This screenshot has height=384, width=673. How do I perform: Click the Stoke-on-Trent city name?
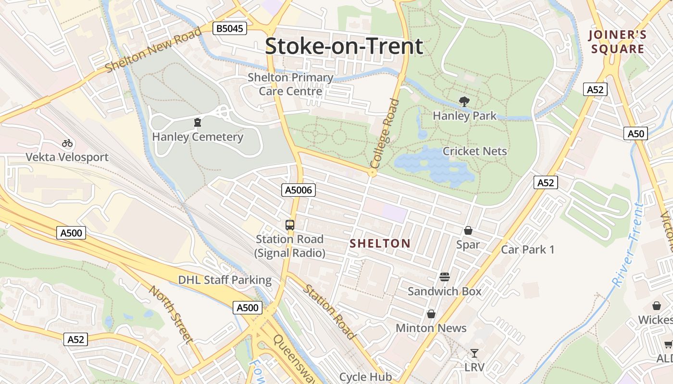344,46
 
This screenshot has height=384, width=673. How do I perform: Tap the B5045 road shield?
230,29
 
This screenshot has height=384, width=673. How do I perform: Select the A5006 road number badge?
299,191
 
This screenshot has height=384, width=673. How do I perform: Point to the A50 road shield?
636,133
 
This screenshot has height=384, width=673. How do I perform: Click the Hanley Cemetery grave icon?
198,123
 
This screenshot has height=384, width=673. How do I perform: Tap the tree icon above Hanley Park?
464,102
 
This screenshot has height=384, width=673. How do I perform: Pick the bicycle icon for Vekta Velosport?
67,143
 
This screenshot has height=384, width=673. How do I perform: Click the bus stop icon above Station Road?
290,225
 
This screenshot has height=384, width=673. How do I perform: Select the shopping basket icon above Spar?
468,231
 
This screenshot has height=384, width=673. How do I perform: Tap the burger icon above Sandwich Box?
445,277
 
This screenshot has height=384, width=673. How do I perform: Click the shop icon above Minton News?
431,314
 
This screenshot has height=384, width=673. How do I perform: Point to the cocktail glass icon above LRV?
474,354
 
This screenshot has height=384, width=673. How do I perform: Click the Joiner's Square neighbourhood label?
618,42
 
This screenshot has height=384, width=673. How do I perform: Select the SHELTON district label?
380,244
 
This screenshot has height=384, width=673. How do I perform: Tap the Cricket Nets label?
474,151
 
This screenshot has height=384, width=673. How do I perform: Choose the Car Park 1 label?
527,250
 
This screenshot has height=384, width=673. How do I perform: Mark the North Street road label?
171,314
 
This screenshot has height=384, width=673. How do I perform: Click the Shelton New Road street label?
153,50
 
